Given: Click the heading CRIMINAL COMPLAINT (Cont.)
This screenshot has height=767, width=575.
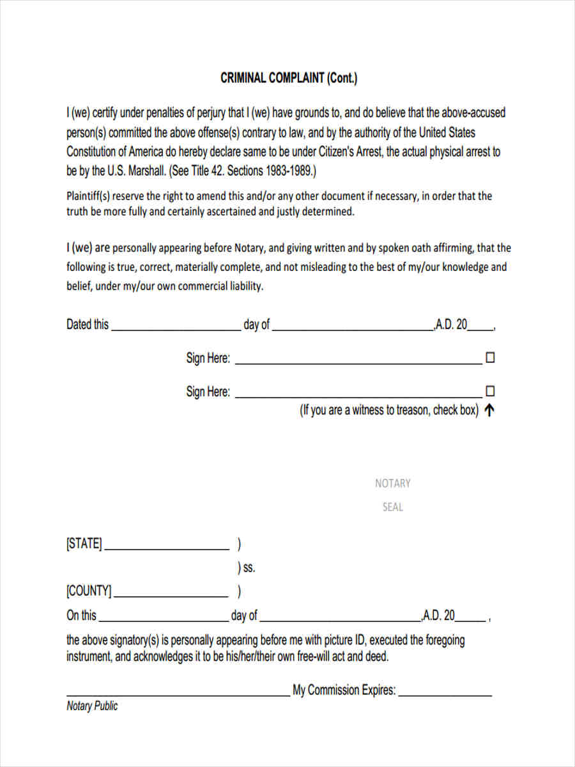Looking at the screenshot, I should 289,79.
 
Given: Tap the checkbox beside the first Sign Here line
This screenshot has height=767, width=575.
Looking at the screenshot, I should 491,358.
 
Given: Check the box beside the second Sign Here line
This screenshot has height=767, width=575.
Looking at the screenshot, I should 491,391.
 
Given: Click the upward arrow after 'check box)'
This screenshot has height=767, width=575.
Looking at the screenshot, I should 489,411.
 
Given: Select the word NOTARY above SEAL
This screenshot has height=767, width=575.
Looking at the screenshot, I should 392,483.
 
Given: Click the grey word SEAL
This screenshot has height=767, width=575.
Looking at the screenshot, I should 392,507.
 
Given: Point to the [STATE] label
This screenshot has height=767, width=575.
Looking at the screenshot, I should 84,544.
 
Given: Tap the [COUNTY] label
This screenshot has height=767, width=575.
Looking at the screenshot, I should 89,591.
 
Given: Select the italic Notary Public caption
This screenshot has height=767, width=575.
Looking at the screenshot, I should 92,706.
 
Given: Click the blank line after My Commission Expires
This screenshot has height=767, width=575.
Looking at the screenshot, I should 445,694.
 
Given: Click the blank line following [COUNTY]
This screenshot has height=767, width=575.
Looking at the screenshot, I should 171,596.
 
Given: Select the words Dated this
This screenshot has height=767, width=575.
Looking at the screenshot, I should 88,325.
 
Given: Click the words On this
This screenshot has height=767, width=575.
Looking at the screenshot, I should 82,616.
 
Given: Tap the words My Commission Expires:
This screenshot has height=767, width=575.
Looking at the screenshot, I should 344,691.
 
